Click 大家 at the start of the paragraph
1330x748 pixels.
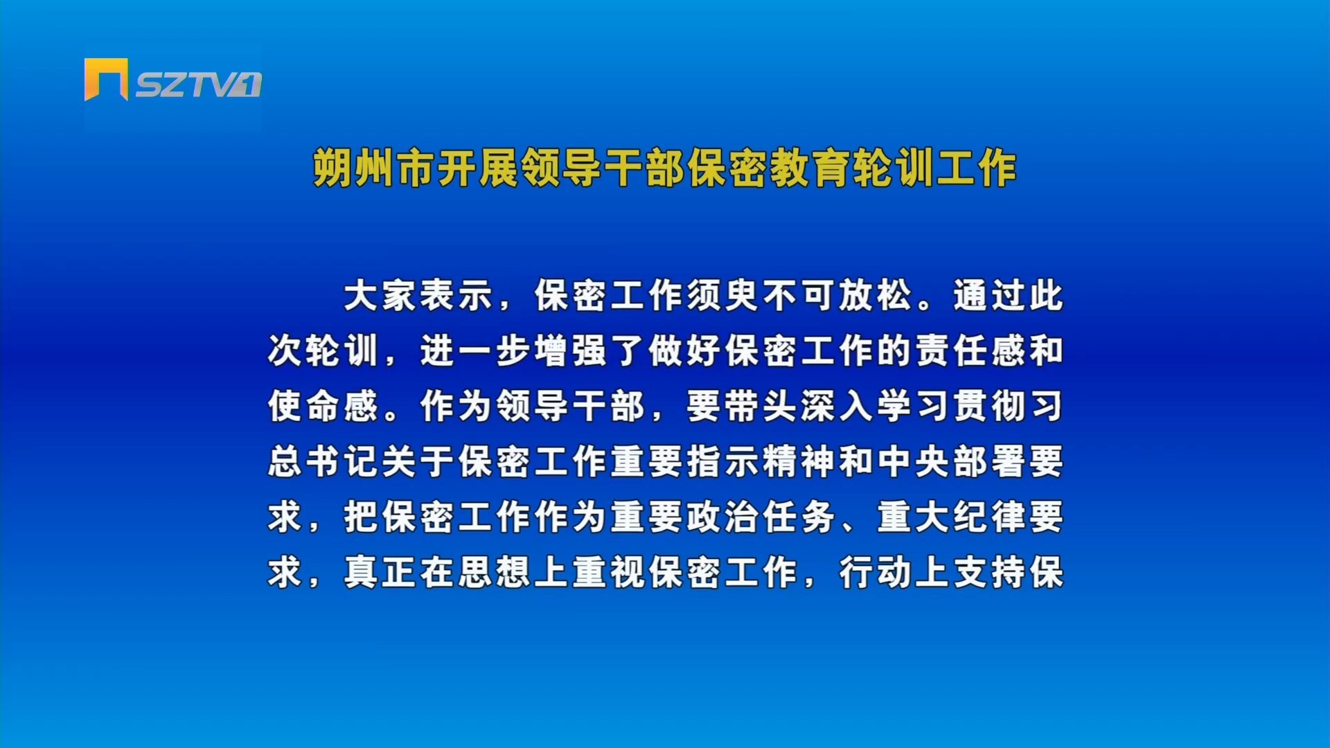click(379, 296)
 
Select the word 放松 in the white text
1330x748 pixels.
click(875, 296)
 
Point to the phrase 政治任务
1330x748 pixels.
click(761, 517)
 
